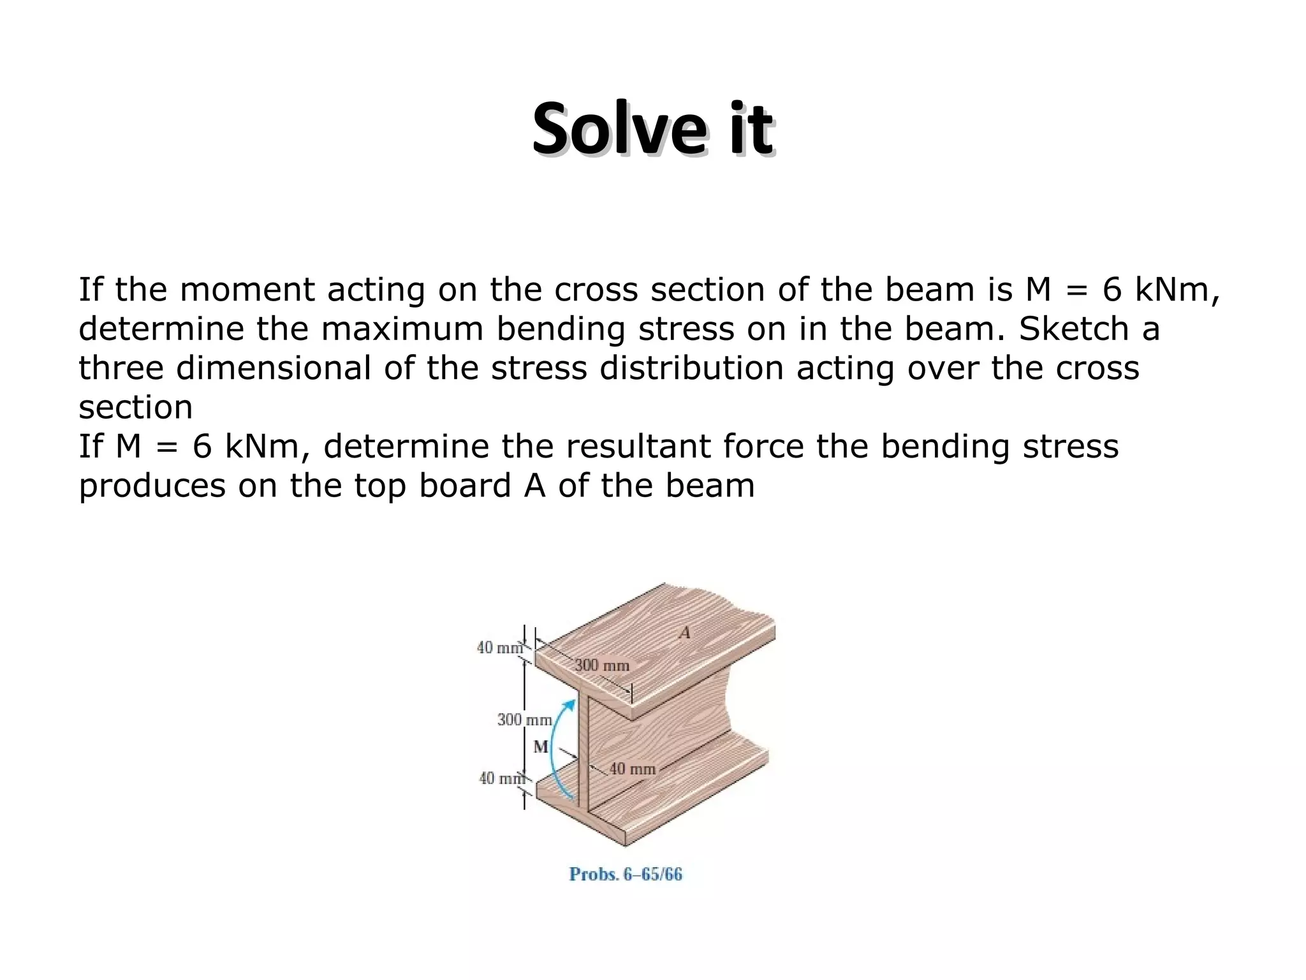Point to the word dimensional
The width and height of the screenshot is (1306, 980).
coord(274,368)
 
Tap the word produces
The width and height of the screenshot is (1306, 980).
coord(152,486)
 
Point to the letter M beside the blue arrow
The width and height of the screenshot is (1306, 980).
coord(540,746)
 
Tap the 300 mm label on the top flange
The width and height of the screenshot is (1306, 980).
coord(602,665)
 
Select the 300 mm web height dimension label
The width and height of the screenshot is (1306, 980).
coord(524,720)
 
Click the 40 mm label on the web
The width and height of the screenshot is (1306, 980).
coord(633,769)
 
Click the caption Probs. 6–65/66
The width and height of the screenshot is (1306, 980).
coord(626,874)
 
